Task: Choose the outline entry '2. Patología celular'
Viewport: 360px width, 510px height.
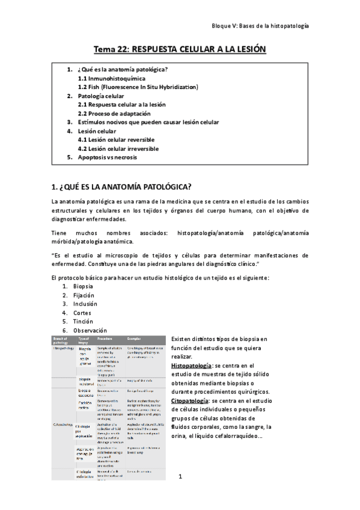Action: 100,96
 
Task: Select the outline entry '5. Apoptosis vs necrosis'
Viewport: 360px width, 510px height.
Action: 106,157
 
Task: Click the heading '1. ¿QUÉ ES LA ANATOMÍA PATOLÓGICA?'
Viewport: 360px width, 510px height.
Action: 123,186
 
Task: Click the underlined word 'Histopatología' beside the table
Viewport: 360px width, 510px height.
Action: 191,365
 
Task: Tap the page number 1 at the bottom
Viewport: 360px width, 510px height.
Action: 180,476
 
